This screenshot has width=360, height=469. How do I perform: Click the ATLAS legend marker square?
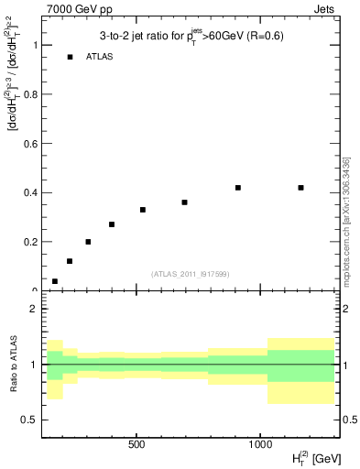click(70, 57)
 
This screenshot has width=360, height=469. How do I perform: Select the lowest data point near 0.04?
click(55, 281)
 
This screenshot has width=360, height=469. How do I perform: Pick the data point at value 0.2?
click(88, 242)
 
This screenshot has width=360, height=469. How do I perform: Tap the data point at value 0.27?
click(112, 224)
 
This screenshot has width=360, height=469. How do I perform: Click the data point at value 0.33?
click(143, 210)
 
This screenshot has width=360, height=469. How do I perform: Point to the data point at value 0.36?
click(184, 202)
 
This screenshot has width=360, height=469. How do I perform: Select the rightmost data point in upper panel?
click(300, 188)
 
